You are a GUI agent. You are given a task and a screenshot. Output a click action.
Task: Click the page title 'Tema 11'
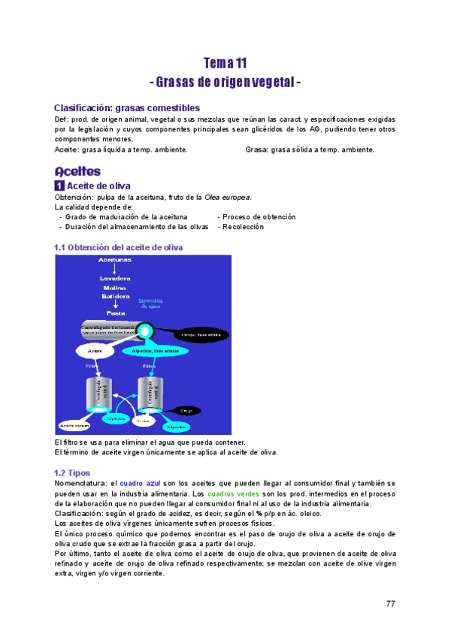coord(225,63)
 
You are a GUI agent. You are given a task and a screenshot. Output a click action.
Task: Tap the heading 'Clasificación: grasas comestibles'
coord(127,108)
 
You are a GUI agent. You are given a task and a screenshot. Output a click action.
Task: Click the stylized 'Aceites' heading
coord(77,171)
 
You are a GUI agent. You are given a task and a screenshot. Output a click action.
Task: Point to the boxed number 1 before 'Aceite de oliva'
coord(60,186)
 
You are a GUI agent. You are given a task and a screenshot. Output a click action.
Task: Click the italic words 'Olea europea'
coord(228,198)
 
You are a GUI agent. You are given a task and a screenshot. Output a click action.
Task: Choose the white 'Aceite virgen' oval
coord(74,425)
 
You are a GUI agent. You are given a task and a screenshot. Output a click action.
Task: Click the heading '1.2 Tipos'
coord(72,473)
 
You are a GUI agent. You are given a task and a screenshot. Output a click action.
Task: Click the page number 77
coord(390,604)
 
